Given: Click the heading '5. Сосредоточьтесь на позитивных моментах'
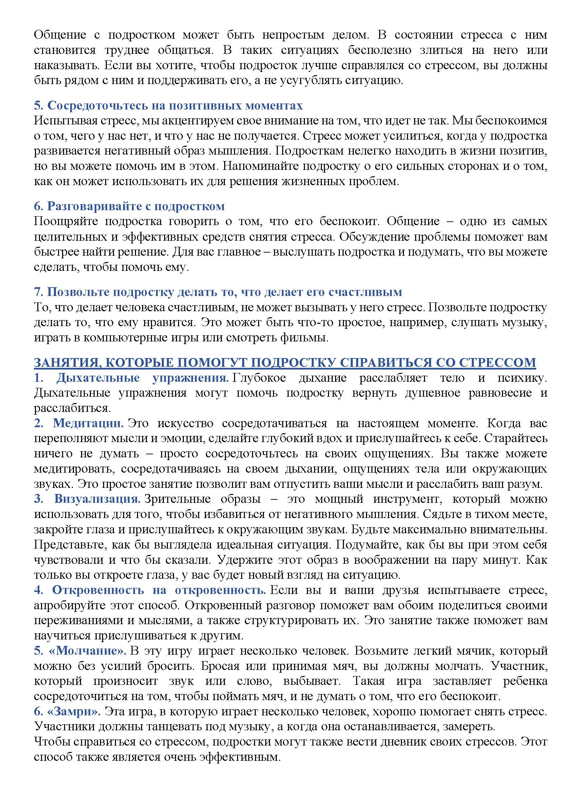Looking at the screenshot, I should (x=168, y=105).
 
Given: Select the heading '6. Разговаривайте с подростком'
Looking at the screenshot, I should (x=129, y=206).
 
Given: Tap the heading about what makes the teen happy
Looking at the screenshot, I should (x=218, y=292).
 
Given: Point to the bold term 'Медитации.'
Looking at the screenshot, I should (x=89, y=423).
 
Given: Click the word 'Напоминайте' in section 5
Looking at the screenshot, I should (x=260, y=166).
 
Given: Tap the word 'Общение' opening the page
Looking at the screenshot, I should (x=60, y=35).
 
